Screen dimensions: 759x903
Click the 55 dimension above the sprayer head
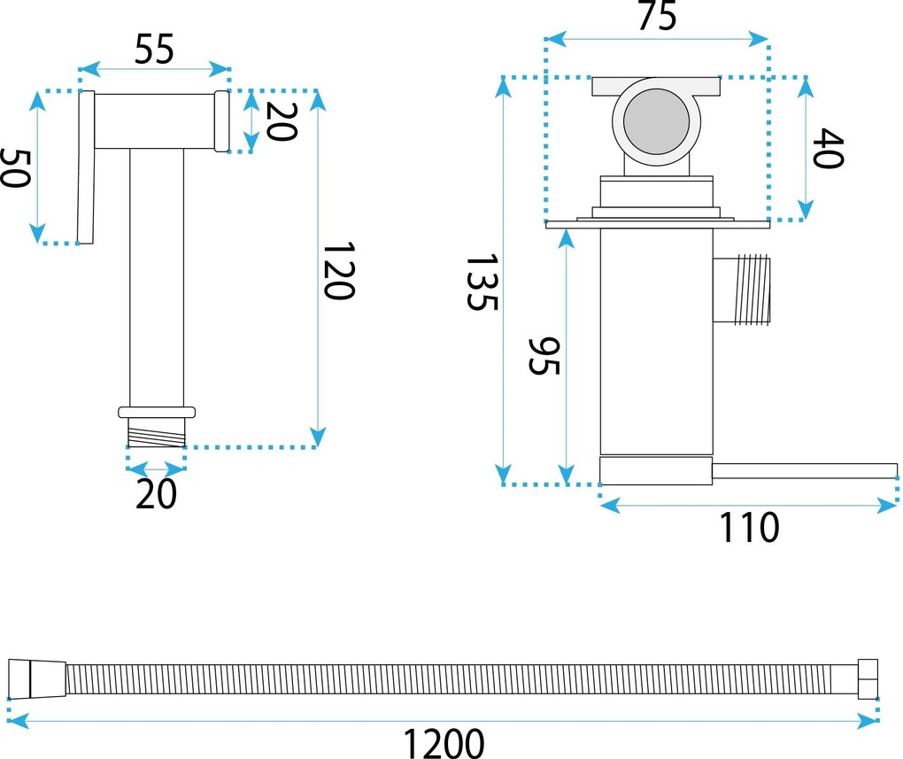[154, 50]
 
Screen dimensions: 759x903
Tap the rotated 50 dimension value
[17, 167]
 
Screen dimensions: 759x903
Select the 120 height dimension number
[337, 270]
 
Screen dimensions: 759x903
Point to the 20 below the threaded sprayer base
[156, 493]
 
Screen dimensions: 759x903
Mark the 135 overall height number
[483, 283]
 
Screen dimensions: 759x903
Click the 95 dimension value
[544, 355]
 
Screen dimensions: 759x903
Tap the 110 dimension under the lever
[749, 528]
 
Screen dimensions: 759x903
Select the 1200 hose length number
[444, 742]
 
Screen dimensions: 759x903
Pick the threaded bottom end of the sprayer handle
[157, 433]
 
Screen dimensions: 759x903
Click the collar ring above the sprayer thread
[157, 412]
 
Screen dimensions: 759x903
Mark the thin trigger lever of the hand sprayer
[85, 168]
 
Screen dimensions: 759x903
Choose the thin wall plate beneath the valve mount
[656, 223]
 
